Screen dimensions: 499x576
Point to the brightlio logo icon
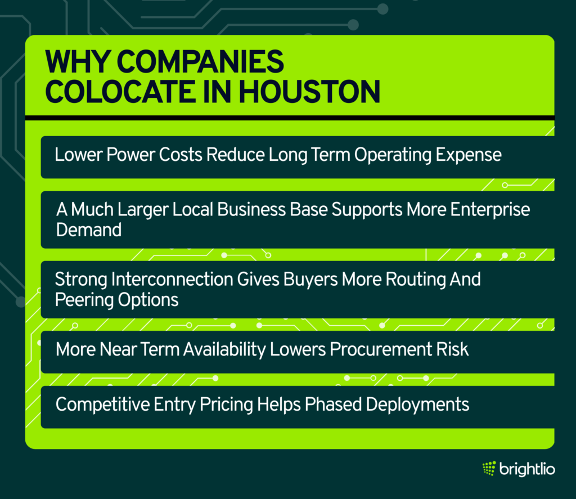point(489,468)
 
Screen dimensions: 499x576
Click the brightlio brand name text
point(527,469)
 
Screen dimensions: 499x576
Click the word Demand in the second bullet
point(88,230)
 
